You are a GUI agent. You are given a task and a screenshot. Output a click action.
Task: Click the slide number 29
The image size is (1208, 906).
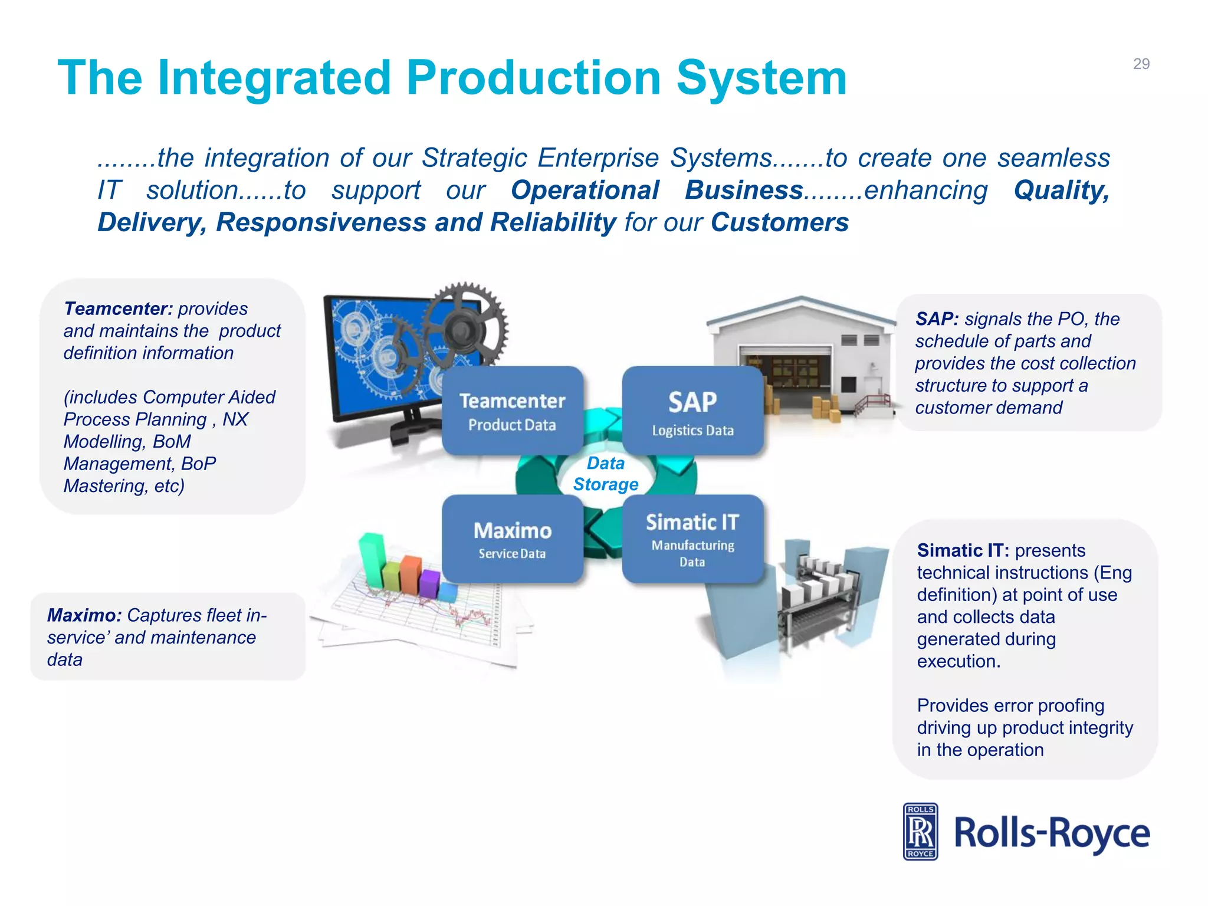coord(1141,64)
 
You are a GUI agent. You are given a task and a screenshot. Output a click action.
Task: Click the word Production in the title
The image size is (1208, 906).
coord(533,78)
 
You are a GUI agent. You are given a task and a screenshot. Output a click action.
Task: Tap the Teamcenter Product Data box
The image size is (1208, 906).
coord(512,411)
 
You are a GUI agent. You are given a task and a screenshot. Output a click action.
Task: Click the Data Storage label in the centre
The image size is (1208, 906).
coord(606,474)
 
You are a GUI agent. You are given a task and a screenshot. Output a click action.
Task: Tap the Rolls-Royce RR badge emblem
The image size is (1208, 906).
coord(920,832)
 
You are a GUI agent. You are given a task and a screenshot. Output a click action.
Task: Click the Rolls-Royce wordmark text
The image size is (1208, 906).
coord(1052,833)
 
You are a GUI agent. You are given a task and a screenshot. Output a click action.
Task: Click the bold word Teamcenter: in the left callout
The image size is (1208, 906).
coord(118,308)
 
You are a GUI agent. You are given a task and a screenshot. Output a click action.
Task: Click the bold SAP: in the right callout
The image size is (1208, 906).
coord(937,319)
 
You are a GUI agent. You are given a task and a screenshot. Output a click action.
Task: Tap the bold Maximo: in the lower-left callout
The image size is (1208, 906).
coord(84,615)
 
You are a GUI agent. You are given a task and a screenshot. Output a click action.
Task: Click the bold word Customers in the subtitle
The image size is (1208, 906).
coord(779,222)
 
